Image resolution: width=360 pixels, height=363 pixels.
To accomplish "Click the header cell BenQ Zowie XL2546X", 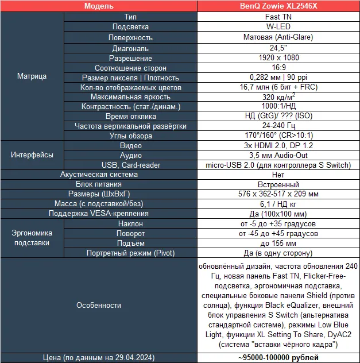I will click(x=278, y=6).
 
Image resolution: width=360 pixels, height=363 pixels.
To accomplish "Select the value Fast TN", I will click(x=278, y=17).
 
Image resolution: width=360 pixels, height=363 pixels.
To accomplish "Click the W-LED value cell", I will click(x=278, y=27).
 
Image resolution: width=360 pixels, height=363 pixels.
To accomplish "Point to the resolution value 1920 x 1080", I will click(x=278, y=58).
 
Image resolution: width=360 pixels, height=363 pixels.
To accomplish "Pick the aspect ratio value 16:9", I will click(x=278, y=68).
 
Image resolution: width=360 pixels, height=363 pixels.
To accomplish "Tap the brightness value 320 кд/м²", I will click(x=278, y=97).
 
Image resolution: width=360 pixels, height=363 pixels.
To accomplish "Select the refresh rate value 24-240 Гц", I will click(x=278, y=126).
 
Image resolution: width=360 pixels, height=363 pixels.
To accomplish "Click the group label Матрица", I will click(x=32, y=76).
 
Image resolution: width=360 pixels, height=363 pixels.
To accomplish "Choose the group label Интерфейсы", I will click(x=32, y=155).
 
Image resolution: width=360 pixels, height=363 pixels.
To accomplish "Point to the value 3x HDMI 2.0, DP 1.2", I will click(x=278, y=145).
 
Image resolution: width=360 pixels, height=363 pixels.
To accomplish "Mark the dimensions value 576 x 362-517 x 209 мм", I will click(x=278, y=194).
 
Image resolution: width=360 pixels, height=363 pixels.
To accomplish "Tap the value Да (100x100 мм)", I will click(x=278, y=214).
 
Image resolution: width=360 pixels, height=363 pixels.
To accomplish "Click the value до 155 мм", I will click(x=278, y=243).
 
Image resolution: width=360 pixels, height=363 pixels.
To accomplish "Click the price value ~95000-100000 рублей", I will click(x=278, y=357).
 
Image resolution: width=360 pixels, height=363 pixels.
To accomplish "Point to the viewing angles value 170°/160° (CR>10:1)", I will click(x=278, y=136).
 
